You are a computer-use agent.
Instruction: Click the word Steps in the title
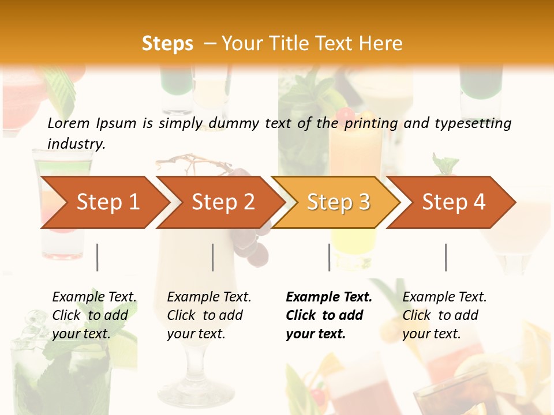tap(167, 44)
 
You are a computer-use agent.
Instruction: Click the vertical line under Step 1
tap(98, 257)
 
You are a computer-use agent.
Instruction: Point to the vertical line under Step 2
tap(213, 257)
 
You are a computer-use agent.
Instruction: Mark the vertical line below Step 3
tap(330, 257)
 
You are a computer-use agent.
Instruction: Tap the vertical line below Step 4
tap(446, 257)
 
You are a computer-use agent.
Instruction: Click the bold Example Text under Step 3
tap(329, 315)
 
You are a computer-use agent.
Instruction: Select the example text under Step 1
tap(94, 315)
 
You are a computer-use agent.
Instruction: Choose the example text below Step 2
tap(209, 315)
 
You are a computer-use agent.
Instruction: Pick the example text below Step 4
tap(444, 315)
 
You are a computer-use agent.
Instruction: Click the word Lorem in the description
tap(69, 123)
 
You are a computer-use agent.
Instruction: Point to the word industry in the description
tap(76, 144)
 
